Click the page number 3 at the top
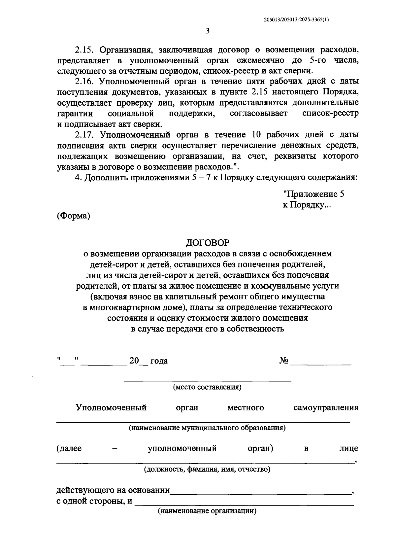tap(207, 31)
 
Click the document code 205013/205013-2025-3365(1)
tap(296, 19)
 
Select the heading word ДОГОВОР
tap(207, 243)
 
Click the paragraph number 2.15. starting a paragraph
tap(85, 50)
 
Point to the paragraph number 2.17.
tap(85, 135)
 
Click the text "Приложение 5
tap(313, 194)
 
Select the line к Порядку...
tap(306, 205)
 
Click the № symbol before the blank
tap(284, 361)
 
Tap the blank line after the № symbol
tap(321, 364)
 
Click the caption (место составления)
tap(207, 387)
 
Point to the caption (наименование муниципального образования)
tap(207, 428)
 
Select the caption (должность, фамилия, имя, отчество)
tap(207, 469)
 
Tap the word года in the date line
tap(159, 361)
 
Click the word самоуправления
tap(326, 408)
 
